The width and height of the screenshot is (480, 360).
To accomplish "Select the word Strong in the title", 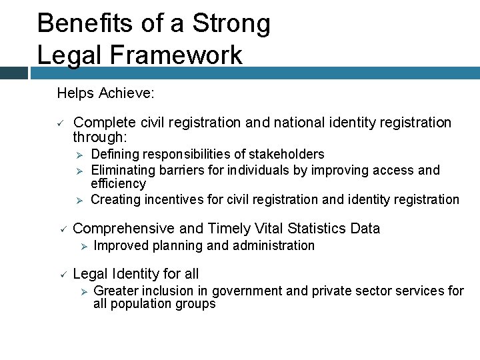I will tap(231, 23).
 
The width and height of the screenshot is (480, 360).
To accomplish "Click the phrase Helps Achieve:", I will tap(106, 93).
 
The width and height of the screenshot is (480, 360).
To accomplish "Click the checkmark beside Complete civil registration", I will tap(59, 123).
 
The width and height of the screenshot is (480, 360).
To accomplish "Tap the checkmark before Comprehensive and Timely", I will tap(59, 229).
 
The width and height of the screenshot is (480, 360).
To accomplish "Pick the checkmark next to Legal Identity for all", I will tap(59, 274).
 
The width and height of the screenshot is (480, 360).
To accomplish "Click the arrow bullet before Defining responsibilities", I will tap(78, 155).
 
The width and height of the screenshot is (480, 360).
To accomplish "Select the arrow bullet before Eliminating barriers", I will tap(78, 170).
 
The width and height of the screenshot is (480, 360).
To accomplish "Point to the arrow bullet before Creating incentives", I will tap(78, 200).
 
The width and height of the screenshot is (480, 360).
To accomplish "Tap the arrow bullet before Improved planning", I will tap(83, 246).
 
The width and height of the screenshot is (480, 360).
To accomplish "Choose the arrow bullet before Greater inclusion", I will tap(83, 291).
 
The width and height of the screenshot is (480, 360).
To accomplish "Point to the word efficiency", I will tap(118, 183).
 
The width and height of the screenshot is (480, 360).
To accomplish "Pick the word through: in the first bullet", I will tap(100, 137).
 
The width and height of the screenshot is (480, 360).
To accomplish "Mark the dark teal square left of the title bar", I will tap(14, 73).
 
